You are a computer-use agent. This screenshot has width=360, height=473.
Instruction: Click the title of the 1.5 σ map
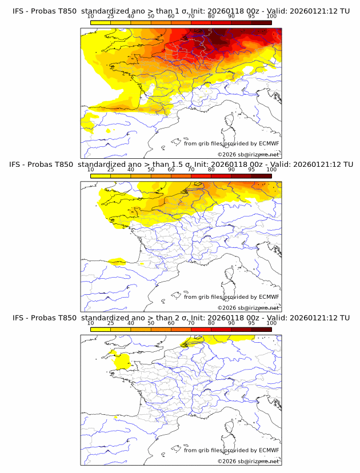pos(181,165)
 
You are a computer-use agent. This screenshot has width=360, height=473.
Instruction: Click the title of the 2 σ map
pos(181,318)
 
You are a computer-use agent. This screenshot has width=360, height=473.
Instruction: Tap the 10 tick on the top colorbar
pos(91,17)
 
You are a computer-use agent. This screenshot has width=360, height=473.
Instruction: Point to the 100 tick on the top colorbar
pos(271,17)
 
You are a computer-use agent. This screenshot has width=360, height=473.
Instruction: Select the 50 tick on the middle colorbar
pos(151,170)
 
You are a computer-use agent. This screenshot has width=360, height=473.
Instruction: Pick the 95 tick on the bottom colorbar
pos(251,323)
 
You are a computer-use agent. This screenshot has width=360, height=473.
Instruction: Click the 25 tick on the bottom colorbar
pos(111,323)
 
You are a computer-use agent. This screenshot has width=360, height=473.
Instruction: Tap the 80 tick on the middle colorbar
pos(211,170)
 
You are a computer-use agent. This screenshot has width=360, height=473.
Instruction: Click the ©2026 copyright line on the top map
pos(248,154)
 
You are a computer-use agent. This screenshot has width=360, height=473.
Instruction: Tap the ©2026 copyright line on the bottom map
pos(248,461)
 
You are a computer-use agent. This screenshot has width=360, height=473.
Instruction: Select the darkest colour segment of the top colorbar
pos(261,22)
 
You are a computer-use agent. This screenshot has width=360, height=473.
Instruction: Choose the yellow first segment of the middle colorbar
pos(101,175)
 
